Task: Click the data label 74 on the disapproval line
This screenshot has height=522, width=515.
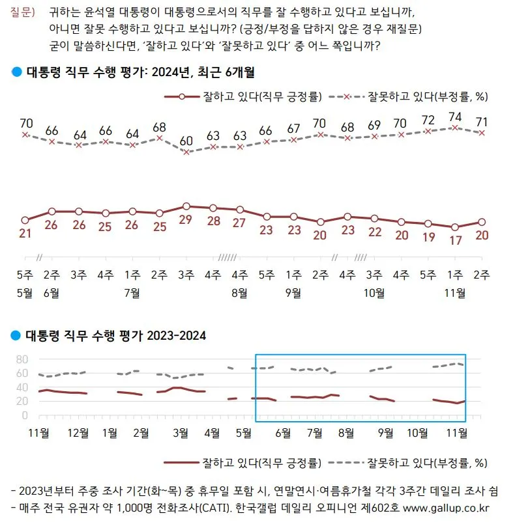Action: pyautogui.click(x=456, y=117)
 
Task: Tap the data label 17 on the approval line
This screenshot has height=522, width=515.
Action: pyautogui.click(x=456, y=240)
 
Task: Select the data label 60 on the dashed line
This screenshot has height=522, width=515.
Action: pyautogui.click(x=186, y=141)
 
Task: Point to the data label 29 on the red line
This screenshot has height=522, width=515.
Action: pyautogui.click(x=186, y=219)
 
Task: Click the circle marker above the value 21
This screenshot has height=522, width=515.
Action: pyautogui.click(x=25, y=221)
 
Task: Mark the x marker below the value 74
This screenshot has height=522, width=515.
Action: pyautogui.click(x=456, y=128)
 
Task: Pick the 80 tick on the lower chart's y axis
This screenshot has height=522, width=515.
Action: pyautogui.click(x=22, y=359)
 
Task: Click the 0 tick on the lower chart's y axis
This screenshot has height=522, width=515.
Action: pyautogui.click(x=25, y=415)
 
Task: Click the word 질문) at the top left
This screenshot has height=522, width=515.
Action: pyautogui.click(x=22, y=13)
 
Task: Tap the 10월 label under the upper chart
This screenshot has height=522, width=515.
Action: pyautogui.click(x=374, y=293)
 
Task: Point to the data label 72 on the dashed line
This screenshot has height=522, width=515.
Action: pyautogui.click(x=428, y=120)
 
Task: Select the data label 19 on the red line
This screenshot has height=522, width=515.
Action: pyautogui.click(x=428, y=237)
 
